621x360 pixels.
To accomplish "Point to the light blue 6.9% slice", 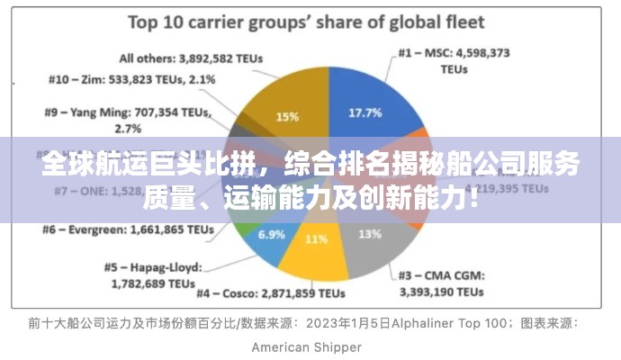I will pyautogui.click(x=270, y=238).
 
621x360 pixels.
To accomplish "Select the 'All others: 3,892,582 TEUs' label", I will pyautogui.click(x=191, y=58).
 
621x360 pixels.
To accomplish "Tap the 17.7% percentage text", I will pyautogui.click(x=364, y=112).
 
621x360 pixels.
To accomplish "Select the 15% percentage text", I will pyautogui.click(x=287, y=117).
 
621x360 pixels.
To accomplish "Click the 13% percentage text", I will pyautogui.click(x=369, y=234).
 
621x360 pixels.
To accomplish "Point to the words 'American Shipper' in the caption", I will pyautogui.click(x=306, y=346).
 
